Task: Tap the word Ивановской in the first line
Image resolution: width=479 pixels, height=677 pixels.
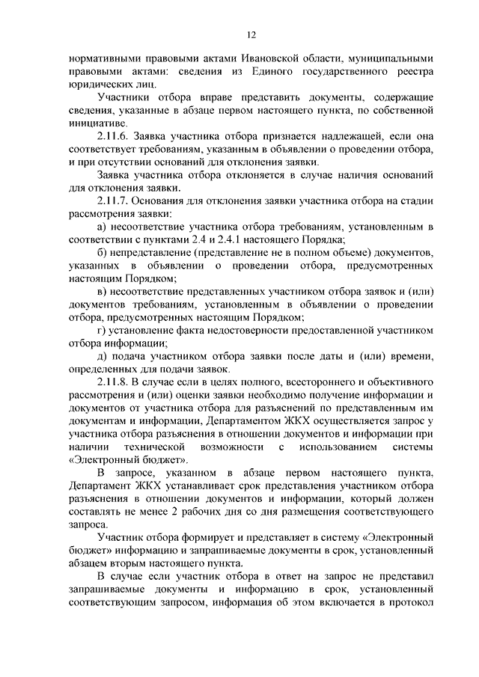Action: pyautogui.click(x=272, y=58)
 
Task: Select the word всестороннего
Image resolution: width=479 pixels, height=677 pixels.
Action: pyautogui.click(x=293, y=383)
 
